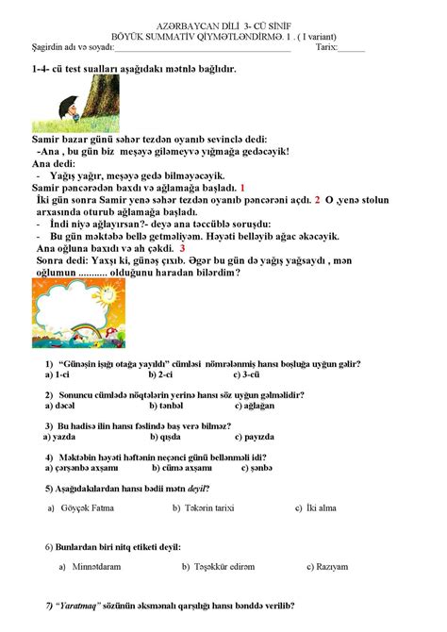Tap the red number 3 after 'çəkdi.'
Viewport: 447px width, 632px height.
[194, 249]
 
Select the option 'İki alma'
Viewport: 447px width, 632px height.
[321, 507]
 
